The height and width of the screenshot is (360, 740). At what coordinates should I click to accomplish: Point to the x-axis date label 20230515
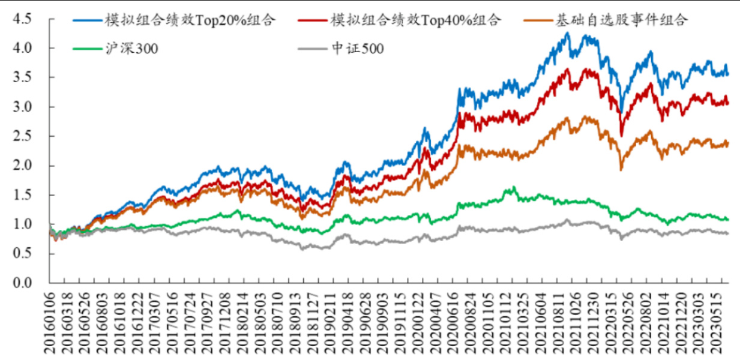point(717,321)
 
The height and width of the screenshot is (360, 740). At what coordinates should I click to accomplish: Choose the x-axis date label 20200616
point(454,321)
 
